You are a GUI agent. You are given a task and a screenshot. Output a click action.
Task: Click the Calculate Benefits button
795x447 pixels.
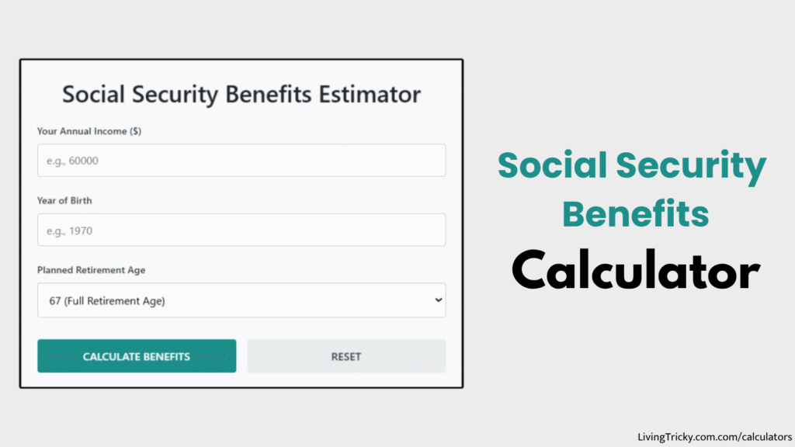pos(137,356)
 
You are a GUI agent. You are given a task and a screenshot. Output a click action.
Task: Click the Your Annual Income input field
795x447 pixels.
pos(241,161)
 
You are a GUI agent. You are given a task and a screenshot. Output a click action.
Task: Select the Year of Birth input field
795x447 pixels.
pos(241,230)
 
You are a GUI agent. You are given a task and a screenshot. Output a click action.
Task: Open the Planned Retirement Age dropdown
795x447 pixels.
pos(241,300)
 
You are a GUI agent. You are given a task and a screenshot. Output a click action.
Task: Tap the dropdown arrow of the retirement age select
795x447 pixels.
pos(438,300)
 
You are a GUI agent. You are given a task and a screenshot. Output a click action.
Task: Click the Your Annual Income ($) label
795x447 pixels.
pos(89,131)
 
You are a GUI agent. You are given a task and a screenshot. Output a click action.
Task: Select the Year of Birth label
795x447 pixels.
pos(64,200)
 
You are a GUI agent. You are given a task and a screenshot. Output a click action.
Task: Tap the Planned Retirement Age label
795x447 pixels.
pos(91,270)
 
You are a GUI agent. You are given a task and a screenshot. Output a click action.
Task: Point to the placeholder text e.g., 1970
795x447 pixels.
pos(70,231)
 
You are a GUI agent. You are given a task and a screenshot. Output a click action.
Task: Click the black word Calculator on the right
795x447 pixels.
pos(635,272)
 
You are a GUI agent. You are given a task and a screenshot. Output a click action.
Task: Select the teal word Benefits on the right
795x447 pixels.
pos(635,213)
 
